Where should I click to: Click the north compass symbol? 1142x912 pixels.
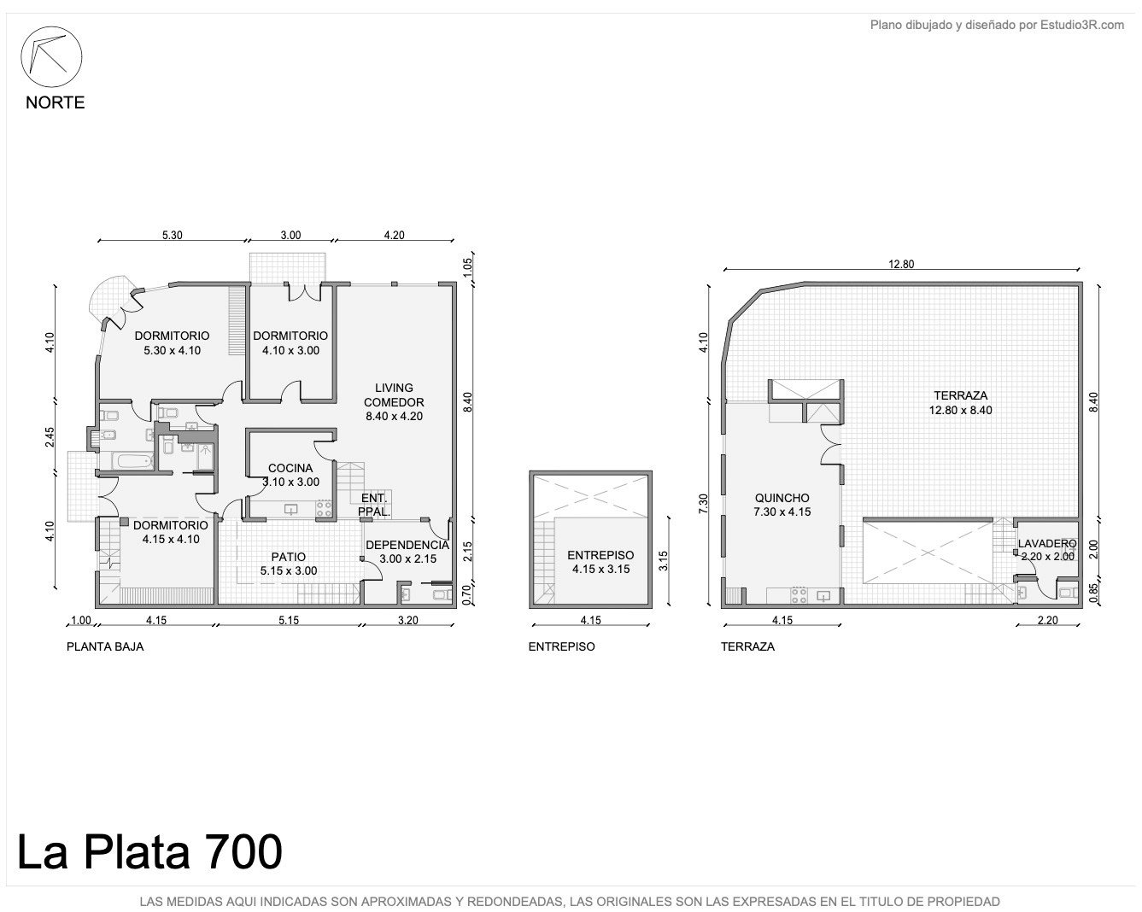(x=51, y=56)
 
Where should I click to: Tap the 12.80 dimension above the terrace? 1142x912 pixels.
(x=901, y=264)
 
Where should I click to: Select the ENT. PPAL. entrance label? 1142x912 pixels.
(x=374, y=505)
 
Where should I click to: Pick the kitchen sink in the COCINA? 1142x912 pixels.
(x=290, y=509)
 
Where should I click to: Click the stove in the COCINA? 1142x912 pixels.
(x=324, y=509)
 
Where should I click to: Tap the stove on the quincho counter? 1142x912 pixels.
(x=799, y=594)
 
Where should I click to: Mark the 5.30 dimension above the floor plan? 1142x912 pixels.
(x=173, y=235)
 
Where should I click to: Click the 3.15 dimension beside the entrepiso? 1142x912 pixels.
(x=663, y=561)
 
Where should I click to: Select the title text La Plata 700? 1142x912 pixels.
(x=149, y=851)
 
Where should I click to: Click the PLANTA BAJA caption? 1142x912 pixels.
(x=105, y=646)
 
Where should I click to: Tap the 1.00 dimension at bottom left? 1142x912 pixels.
(x=81, y=620)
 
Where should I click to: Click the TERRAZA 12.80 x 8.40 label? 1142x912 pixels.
(x=961, y=403)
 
